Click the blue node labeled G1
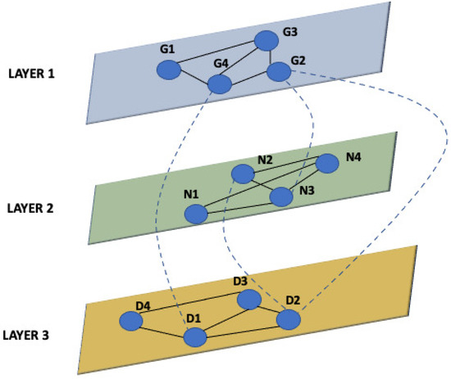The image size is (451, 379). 169,70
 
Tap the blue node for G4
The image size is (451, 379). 219,85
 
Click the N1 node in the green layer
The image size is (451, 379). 195,214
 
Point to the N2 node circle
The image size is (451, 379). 243,174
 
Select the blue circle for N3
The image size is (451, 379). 281,196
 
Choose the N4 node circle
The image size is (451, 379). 327,164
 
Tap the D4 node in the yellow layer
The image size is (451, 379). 130,323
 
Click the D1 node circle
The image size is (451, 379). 195,337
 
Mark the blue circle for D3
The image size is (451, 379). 248,300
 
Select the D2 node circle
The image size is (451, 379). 289,319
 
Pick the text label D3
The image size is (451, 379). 240,282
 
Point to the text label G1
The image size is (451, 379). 167,51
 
